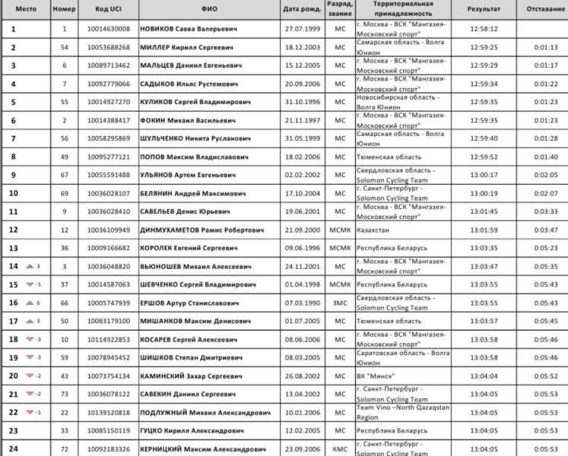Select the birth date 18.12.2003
(x=302, y=47)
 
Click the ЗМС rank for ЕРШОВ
(x=340, y=302)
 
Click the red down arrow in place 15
(x=29, y=284)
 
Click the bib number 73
(x=65, y=394)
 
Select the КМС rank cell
(x=340, y=448)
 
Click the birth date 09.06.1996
(x=302, y=248)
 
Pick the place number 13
(x=13, y=248)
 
